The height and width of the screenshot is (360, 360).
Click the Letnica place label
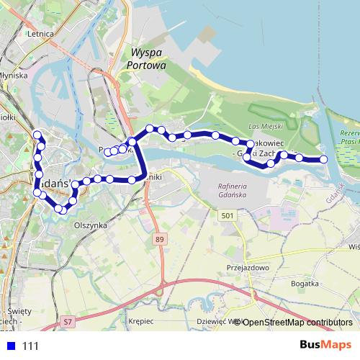point(40,33)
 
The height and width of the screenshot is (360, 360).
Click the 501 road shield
point(228,215)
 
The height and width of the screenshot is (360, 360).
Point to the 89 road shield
point(159,238)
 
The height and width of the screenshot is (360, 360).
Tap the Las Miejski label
point(262,127)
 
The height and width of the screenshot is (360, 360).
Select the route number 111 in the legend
point(30,346)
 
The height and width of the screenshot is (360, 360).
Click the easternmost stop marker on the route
point(323,159)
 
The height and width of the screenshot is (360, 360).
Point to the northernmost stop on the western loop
point(37,135)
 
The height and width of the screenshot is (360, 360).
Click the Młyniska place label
point(13,74)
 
